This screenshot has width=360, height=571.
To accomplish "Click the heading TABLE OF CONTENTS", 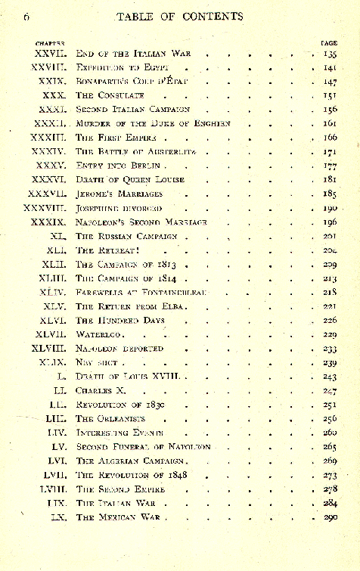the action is (179, 15).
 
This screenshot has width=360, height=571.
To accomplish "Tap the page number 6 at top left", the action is (26, 15).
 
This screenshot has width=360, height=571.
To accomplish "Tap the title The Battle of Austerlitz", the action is (136, 151).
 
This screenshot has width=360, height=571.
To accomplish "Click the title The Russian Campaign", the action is (127, 236).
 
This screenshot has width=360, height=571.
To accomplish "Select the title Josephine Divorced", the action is (119, 207).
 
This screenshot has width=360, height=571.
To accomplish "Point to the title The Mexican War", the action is (120, 517).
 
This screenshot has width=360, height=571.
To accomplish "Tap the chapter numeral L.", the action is (63, 376).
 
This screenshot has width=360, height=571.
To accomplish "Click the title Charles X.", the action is (99, 390).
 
